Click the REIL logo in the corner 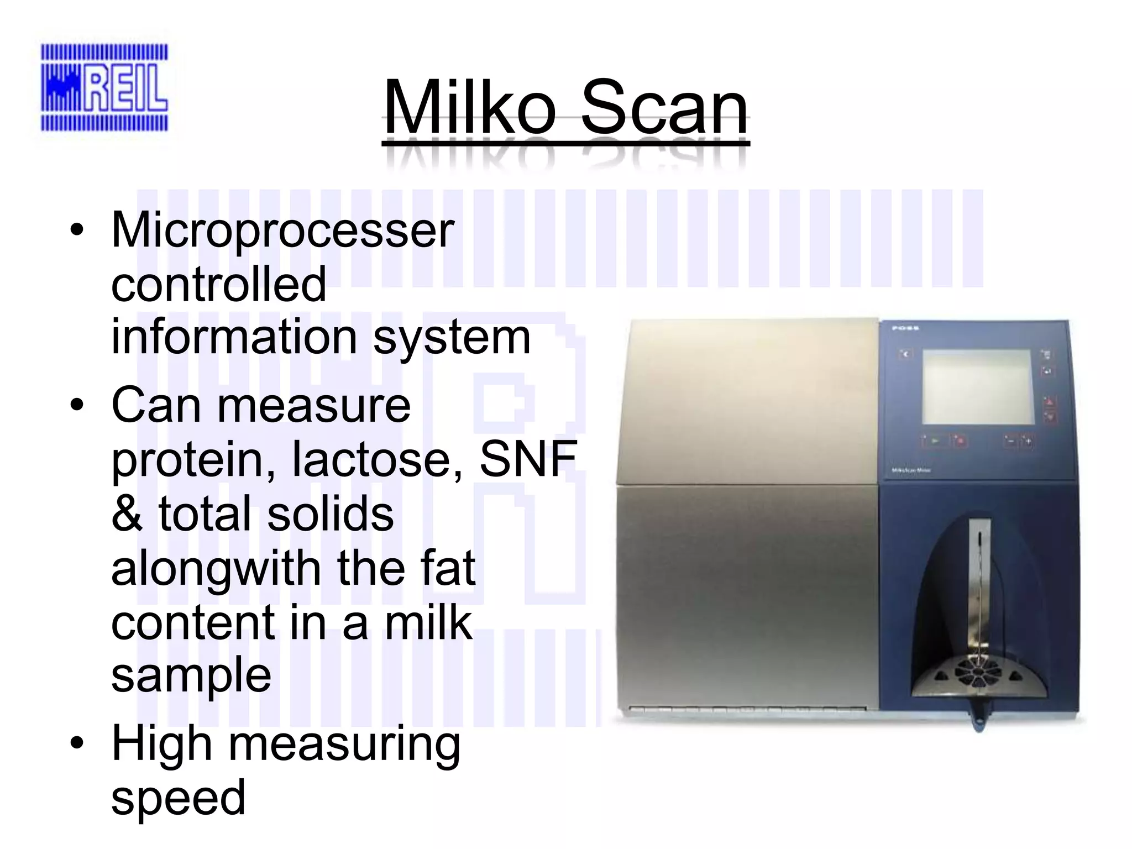104,88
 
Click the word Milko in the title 470,107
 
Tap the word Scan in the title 664,107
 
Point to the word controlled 218,284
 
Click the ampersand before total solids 127,513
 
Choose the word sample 191,675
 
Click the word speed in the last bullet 178,797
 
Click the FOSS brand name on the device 905,328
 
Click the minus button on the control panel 1010,441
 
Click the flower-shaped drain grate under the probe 978,672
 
